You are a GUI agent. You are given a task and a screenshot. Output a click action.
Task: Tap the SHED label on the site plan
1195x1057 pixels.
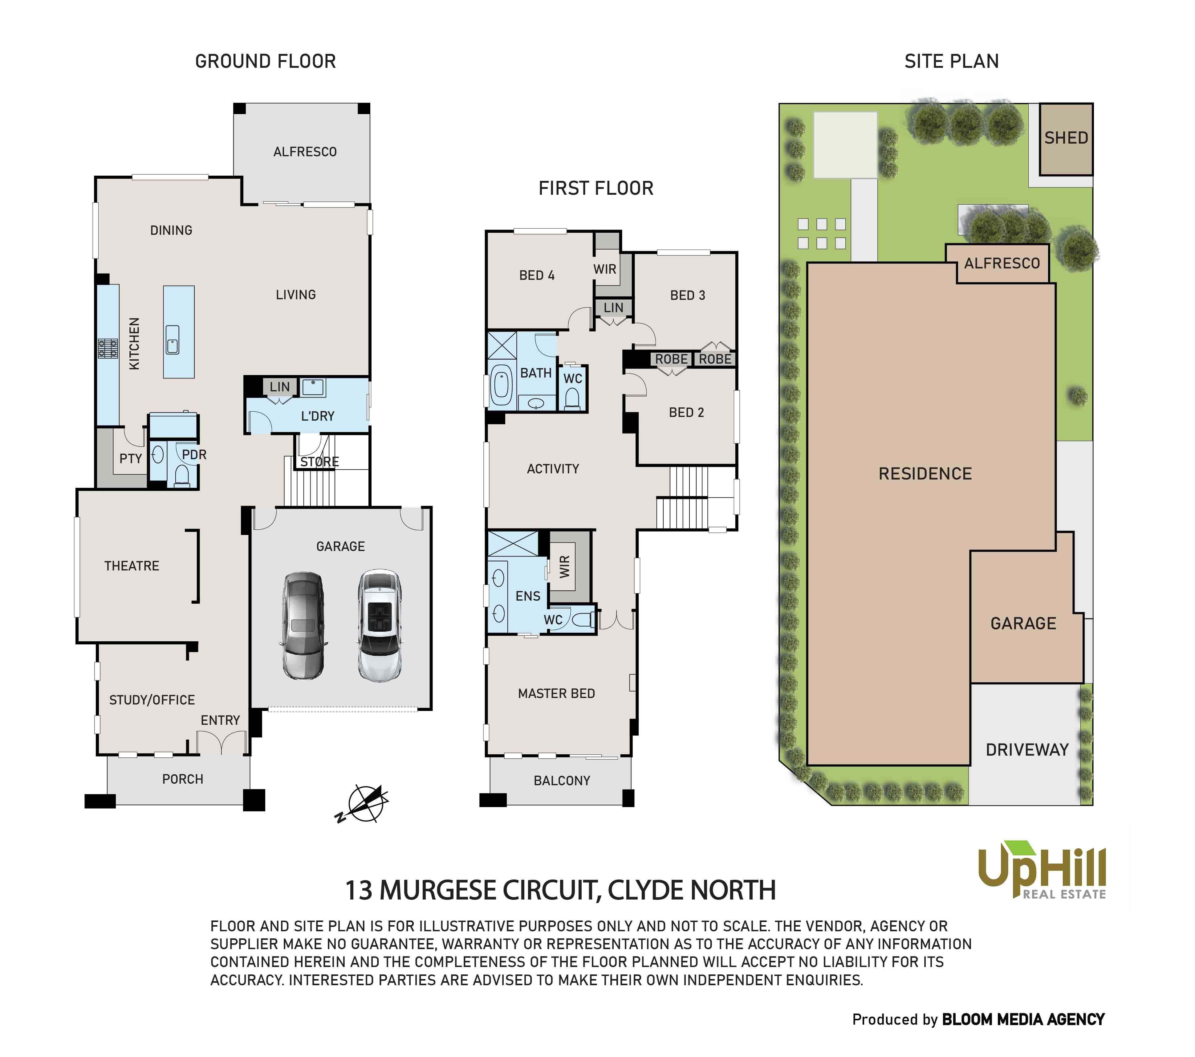[1066, 138]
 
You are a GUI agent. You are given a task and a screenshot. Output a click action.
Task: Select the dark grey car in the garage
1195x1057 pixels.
[303, 626]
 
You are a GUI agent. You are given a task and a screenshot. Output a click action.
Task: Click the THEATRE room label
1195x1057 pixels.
[132, 566]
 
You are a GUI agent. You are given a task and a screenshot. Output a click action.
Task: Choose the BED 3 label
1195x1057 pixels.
[688, 296]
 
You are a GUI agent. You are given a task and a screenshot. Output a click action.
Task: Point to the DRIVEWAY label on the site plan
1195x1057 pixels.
[1027, 750]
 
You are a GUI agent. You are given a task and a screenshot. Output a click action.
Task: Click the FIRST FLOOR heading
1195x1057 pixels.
[596, 188]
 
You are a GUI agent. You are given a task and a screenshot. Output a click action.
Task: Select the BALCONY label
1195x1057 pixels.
[562, 781]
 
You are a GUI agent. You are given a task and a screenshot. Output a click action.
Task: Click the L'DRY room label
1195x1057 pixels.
[317, 416]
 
